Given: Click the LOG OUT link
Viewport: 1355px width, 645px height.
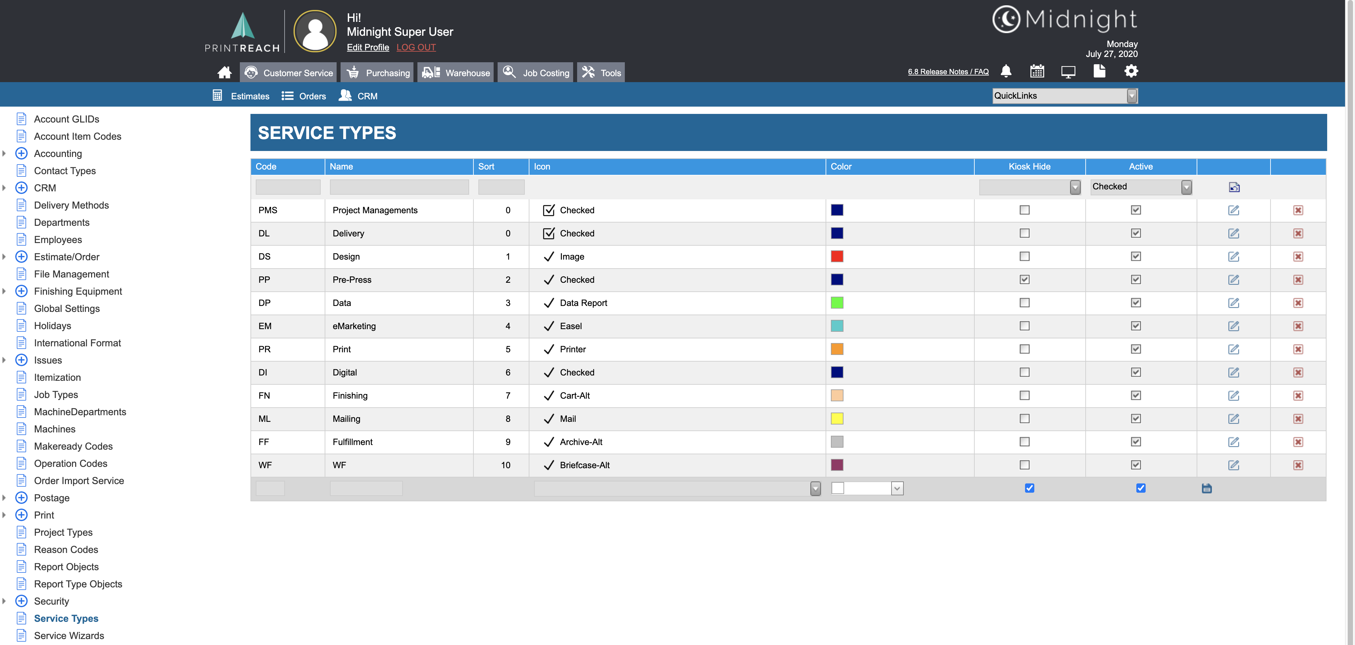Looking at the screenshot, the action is pos(416,47).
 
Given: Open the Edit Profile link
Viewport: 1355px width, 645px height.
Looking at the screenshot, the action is pos(368,47).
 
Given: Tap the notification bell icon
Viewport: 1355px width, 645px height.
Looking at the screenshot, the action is pos(1006,71).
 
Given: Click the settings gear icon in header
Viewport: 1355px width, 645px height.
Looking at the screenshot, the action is pos(1131,71).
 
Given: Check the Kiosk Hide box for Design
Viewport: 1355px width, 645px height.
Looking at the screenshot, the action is pos(1024,257).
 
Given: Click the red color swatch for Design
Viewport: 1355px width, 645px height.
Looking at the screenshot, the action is pos(837,257).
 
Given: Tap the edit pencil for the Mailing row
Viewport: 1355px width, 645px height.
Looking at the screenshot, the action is pos(1233,419).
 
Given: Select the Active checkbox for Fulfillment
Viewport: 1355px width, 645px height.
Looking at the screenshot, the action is pos(1136,442).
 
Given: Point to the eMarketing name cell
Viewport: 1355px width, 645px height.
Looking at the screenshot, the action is pos(354,326).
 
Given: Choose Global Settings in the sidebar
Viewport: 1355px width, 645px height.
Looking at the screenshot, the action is pos(67,309).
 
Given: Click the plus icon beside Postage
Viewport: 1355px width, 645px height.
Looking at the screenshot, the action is pos(22,498).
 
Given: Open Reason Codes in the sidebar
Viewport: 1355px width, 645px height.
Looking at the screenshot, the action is pos(66,549).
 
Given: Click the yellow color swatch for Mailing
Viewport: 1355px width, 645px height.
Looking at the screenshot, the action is pos(837,419).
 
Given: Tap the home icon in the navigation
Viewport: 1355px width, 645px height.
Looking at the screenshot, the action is pos(225,73).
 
